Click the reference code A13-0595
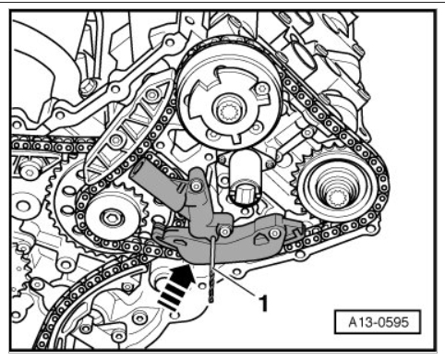pyautogui.click(x=379, y=322)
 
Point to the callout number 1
pyautogui.click(x=264, y=304)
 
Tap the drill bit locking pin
pyautogui.click(x=212, y=270)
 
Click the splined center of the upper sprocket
pyautogui.click(x=228, y=111)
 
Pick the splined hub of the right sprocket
pyautogui.click(x=336, y=198)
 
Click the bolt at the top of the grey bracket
pyautogui.click(x=196, y=186)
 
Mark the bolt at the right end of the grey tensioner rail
pyautogui.click(x=274, y=234)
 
